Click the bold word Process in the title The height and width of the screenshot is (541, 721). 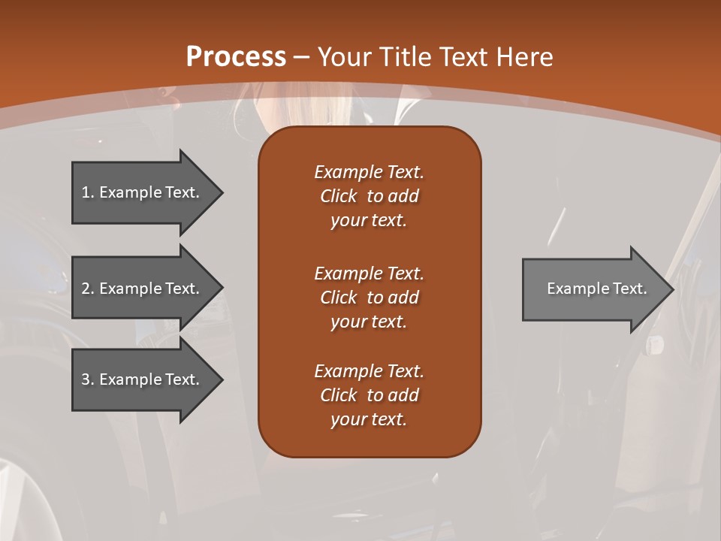tap(236, 57)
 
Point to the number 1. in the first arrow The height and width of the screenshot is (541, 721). tap(88, 192)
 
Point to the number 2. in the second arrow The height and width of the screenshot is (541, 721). tap(88, 289)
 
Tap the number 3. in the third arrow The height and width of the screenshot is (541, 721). tap(88, 379)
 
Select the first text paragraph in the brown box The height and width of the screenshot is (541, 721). tap(369, 196)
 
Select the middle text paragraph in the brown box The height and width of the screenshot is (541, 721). tap(369, 298)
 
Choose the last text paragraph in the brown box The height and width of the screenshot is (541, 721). tap(369, 395)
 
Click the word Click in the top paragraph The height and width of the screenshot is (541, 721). tap(338, 196)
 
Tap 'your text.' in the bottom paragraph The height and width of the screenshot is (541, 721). tap(369, 419)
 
